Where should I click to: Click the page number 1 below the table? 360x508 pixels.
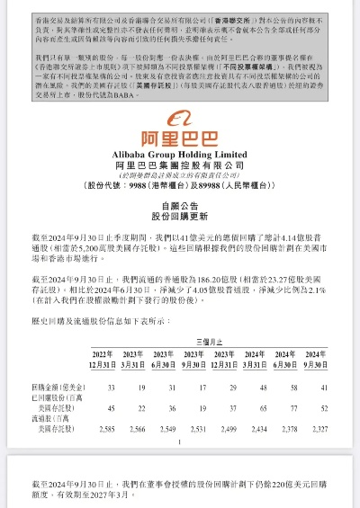[x=180, y=444]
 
